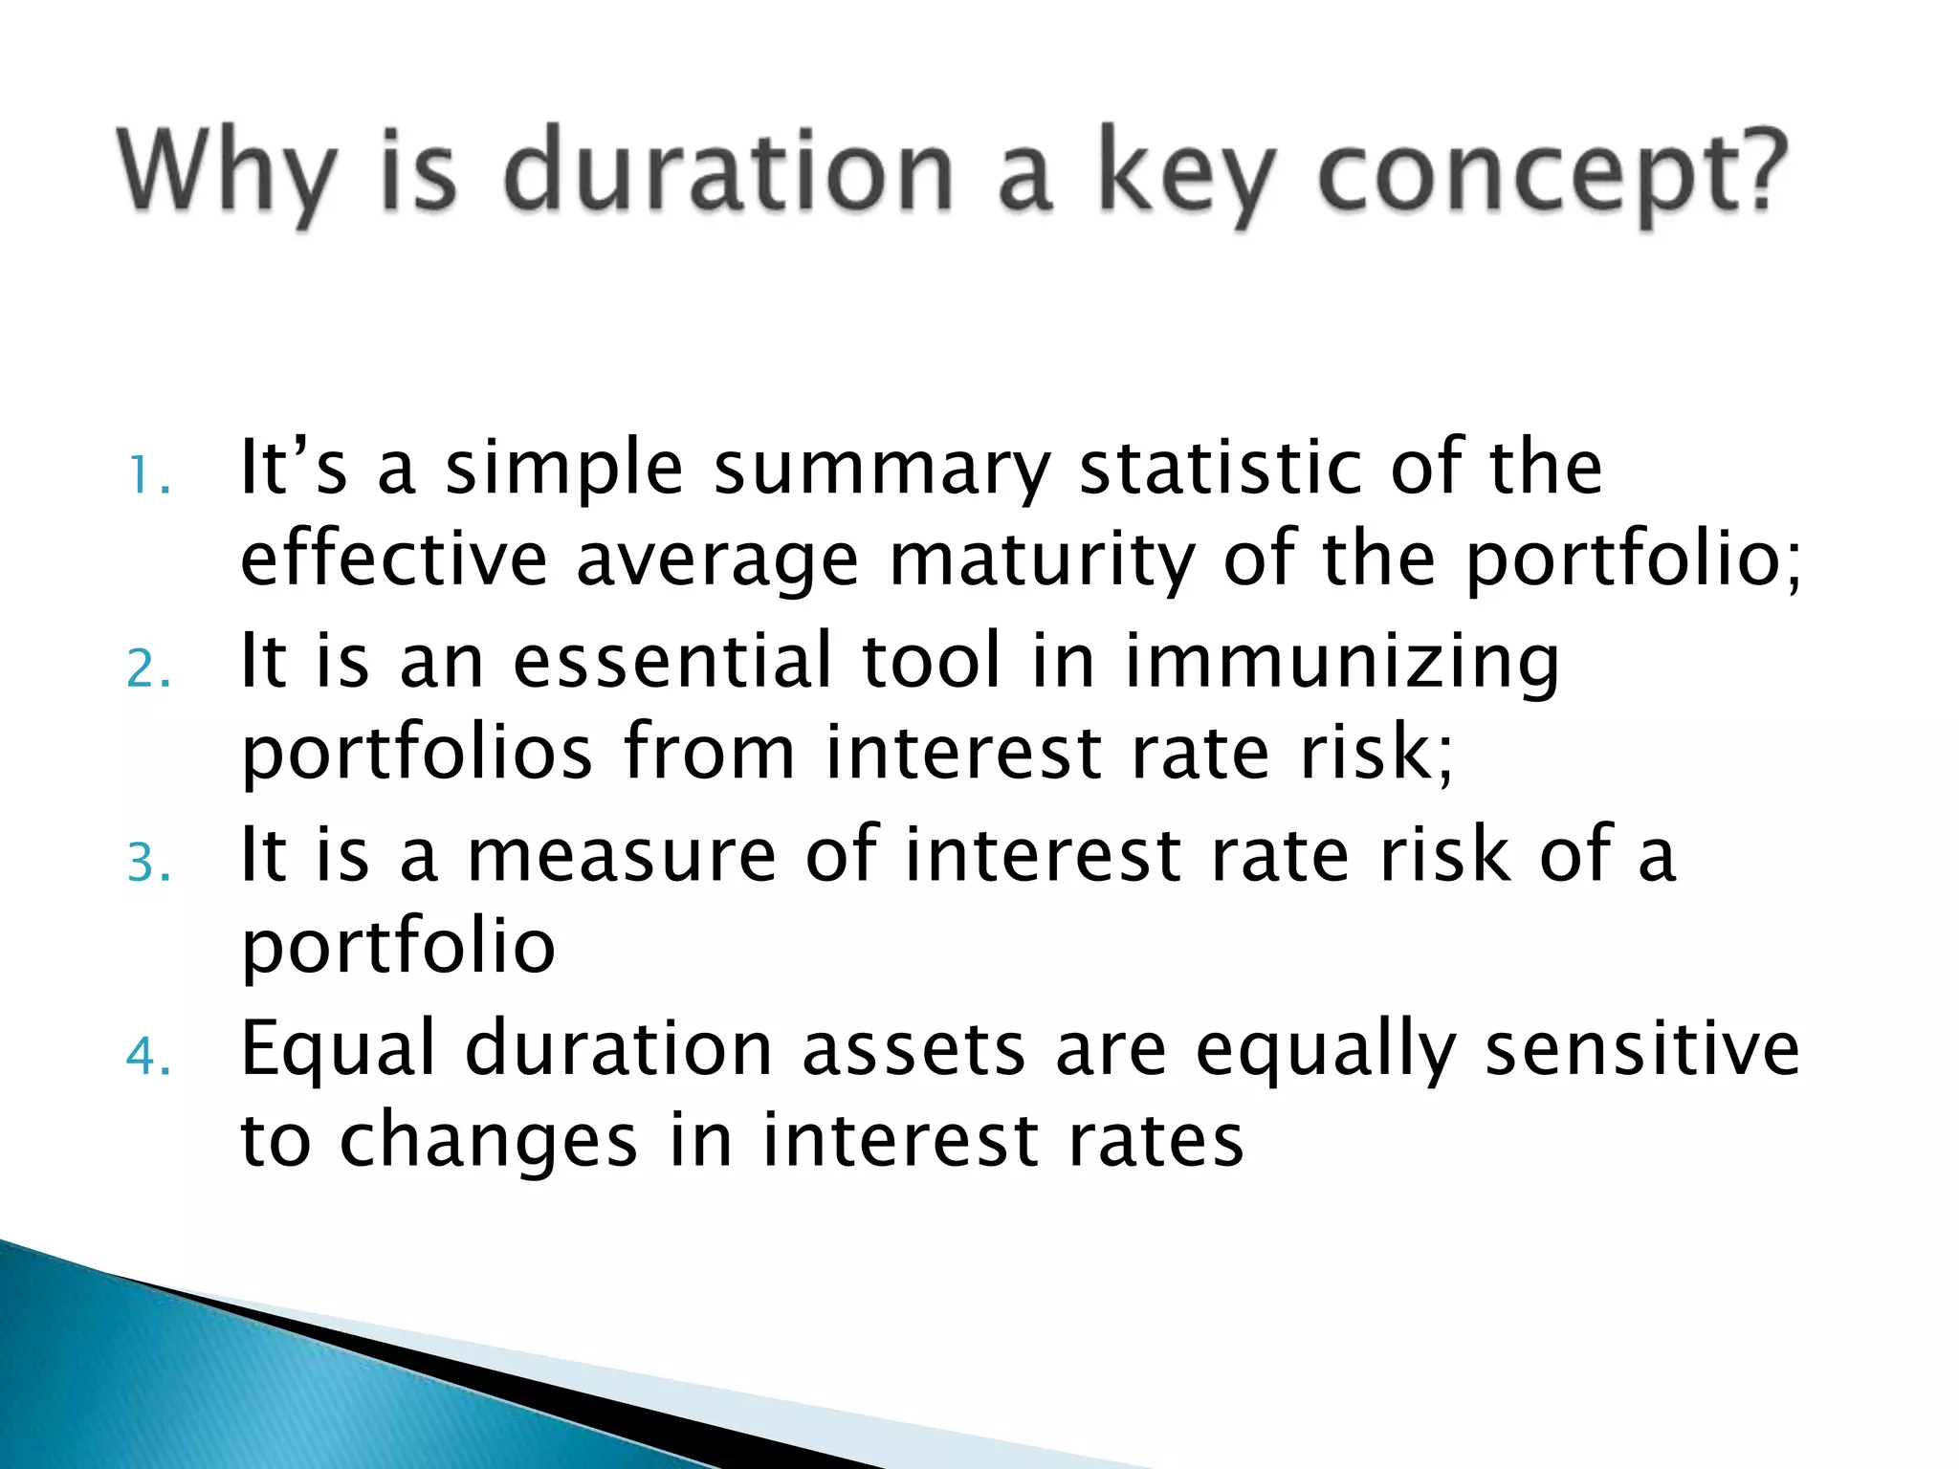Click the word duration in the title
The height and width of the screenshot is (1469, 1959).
pos(727,172)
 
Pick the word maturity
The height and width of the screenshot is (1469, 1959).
pos(1043,561)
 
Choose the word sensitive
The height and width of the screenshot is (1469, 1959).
pos(1641,1048)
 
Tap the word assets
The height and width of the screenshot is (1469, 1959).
pos(913,1050)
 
